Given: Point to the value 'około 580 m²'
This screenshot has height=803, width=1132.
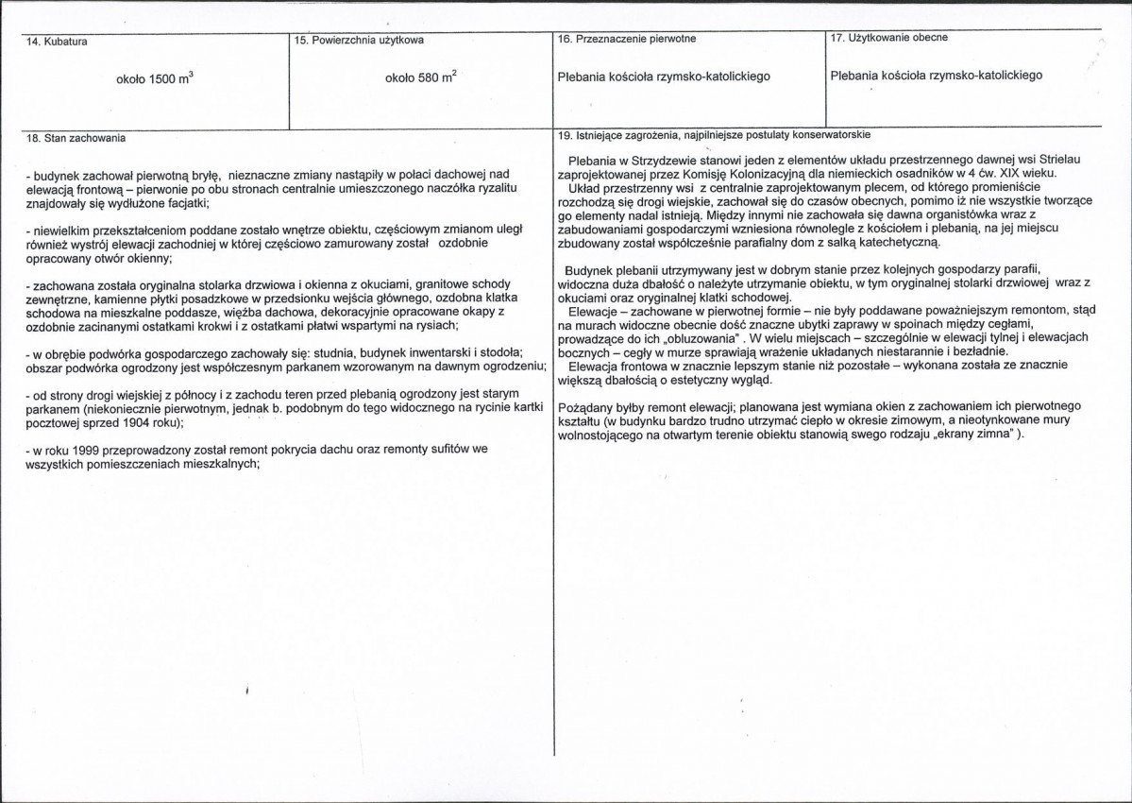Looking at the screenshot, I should coord(421,78).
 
